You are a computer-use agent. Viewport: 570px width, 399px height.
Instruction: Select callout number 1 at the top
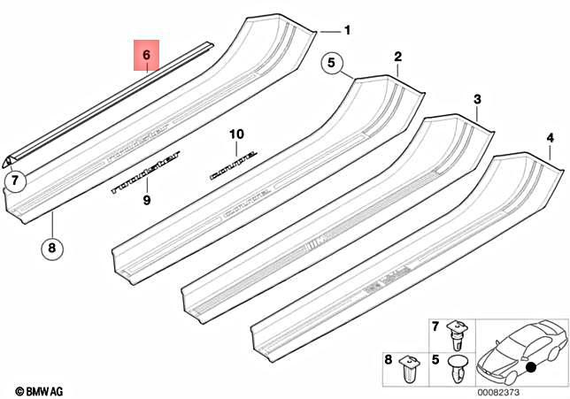coord(347,31)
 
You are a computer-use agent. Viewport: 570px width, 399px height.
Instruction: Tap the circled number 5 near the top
coord(331,64)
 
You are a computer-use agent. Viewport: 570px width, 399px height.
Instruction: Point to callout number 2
coord(397,58)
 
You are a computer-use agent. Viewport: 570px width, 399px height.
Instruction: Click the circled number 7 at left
coord(15,183)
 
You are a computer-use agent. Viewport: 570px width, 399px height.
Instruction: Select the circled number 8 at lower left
coord(51,249)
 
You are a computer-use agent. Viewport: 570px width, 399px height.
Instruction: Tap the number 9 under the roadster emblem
coord(147,200)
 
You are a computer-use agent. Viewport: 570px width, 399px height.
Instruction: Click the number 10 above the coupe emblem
coord(235,134)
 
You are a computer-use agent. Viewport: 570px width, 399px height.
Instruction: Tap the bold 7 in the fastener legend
coord(435,329)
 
